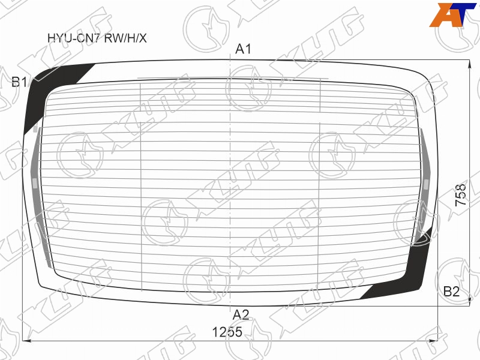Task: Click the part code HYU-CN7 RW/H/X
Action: pyautogui.click(x=97, y=38)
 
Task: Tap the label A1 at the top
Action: pyautogui.click(x=243, y=49)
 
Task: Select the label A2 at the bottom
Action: pyautogui.click(x=241, y=314)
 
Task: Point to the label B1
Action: pyautogui.click(x=19, y=82)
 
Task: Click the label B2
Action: pyautogui.click(x=452, y=292)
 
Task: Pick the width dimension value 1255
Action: pyautogui.click(x=227, y=332)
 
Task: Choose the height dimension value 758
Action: pyautogui.click(x=461, y=195)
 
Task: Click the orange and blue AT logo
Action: pyautogui.click(x=452, y=14)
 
